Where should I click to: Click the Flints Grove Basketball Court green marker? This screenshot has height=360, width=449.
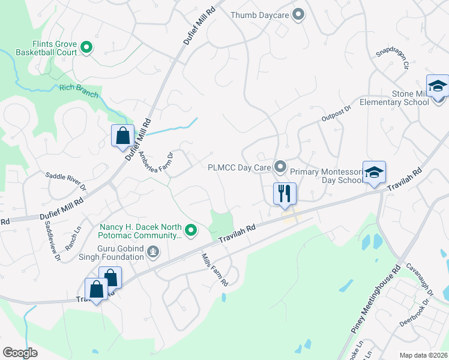[86, 46]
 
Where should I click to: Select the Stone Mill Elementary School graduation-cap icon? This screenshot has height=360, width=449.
[437, 87]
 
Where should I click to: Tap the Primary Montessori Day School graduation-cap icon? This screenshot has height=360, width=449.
[373, 173]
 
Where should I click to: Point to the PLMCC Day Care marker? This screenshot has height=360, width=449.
[280, 166]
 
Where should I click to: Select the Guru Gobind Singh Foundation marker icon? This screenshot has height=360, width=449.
[153, 252]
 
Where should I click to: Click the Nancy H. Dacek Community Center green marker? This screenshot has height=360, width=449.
[191, 230]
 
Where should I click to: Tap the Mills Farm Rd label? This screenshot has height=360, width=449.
[215, 269]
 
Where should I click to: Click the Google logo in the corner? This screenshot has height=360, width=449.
[20, 353]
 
